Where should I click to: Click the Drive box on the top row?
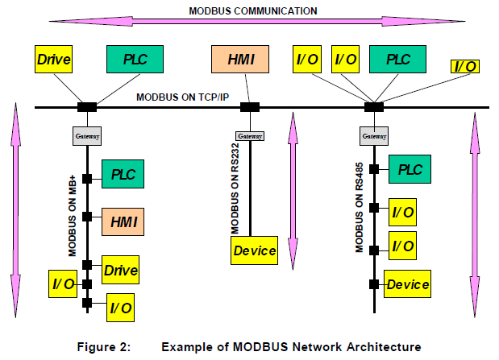pos(55,59)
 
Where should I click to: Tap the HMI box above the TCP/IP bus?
pos(239,59)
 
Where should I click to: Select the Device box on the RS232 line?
pos(255,250)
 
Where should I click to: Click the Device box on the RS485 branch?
pos(407,284)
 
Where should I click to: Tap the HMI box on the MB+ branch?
pos(123,221)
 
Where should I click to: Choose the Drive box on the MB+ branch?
pos(120,270)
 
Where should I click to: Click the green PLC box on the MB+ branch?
pos(123,174)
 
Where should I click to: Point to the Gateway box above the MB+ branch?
pos(87,137)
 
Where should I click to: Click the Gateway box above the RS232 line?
pos(250,136)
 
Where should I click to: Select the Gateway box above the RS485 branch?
pos(374,137)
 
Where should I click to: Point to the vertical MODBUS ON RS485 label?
pos(360,209)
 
